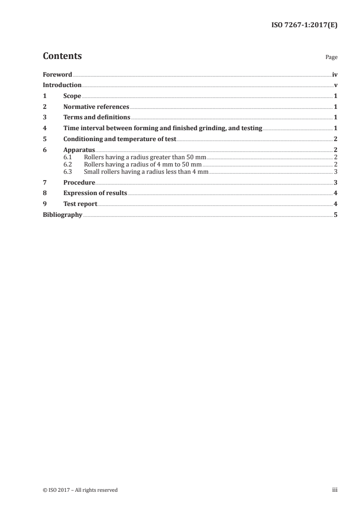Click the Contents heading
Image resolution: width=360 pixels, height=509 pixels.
[x=62, y=56]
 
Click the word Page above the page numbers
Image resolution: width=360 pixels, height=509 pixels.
[x=331, y=58]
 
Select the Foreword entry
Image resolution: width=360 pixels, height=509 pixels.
[x=57, y=74]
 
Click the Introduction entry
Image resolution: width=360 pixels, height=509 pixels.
[x=62, y=85]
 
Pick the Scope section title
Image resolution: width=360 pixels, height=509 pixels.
[x=72, y=96]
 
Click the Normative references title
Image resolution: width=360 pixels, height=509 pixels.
[x=96, y=107]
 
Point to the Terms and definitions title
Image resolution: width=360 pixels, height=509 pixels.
[x=97, y=117]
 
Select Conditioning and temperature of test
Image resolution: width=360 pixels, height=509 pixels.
[x=120, y=139]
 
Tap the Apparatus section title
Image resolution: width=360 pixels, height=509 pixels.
[x=79, y=150]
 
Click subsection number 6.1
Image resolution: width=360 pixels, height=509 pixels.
[x=68, y=157]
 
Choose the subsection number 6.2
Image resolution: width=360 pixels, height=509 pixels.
[x=68, y=164]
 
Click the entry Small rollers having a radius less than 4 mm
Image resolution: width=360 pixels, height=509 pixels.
[x=146, y=171]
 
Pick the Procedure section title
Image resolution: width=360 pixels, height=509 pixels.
[x=79, y=182]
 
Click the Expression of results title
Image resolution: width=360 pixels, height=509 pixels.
[x=95, y=193]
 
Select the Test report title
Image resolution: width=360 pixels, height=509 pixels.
[x=80, y=204]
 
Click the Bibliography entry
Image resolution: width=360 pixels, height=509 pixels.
[x=62, y=215]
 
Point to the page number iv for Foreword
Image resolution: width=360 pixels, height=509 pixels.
[x=334, y=74]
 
